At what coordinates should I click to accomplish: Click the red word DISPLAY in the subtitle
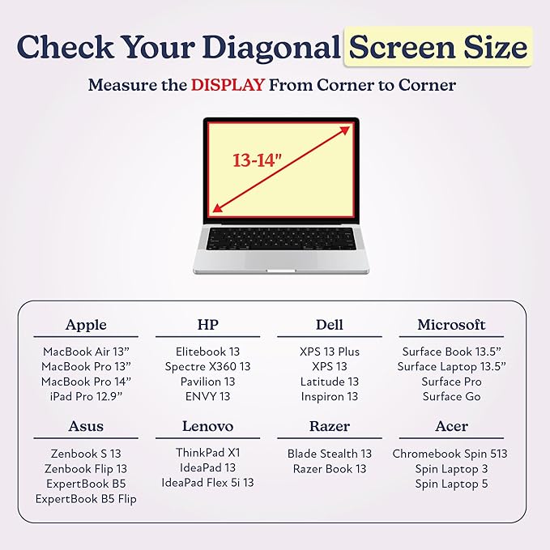tap(228, 85)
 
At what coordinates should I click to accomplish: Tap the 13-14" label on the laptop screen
tap(258, 160)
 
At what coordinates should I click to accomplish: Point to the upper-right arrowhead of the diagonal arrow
tap(344, 130)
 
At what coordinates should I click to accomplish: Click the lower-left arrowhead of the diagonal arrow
tap(218, 208)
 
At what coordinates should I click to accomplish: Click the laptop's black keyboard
tap(280, 239)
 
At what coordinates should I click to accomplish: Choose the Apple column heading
tap(86, 325)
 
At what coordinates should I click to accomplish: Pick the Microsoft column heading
tap(451, 325)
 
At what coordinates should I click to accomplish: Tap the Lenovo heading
tap(207, 426)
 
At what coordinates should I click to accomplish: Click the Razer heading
tap(330, 426)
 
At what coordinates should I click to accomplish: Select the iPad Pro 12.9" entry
tap(86, 396)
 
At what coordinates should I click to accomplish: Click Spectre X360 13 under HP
tap(207, 367)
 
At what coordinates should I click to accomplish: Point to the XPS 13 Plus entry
tap(330, 352)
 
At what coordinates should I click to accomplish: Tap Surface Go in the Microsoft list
tap(451, 396)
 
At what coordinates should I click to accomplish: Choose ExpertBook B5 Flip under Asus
tap(86, 499)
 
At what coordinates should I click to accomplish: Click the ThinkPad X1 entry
tap(207, 453)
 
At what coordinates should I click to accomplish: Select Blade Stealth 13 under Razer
tap(330, 454)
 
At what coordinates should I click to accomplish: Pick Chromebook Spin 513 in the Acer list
tap(450, 454)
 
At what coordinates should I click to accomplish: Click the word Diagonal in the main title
tap(271, 47)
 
